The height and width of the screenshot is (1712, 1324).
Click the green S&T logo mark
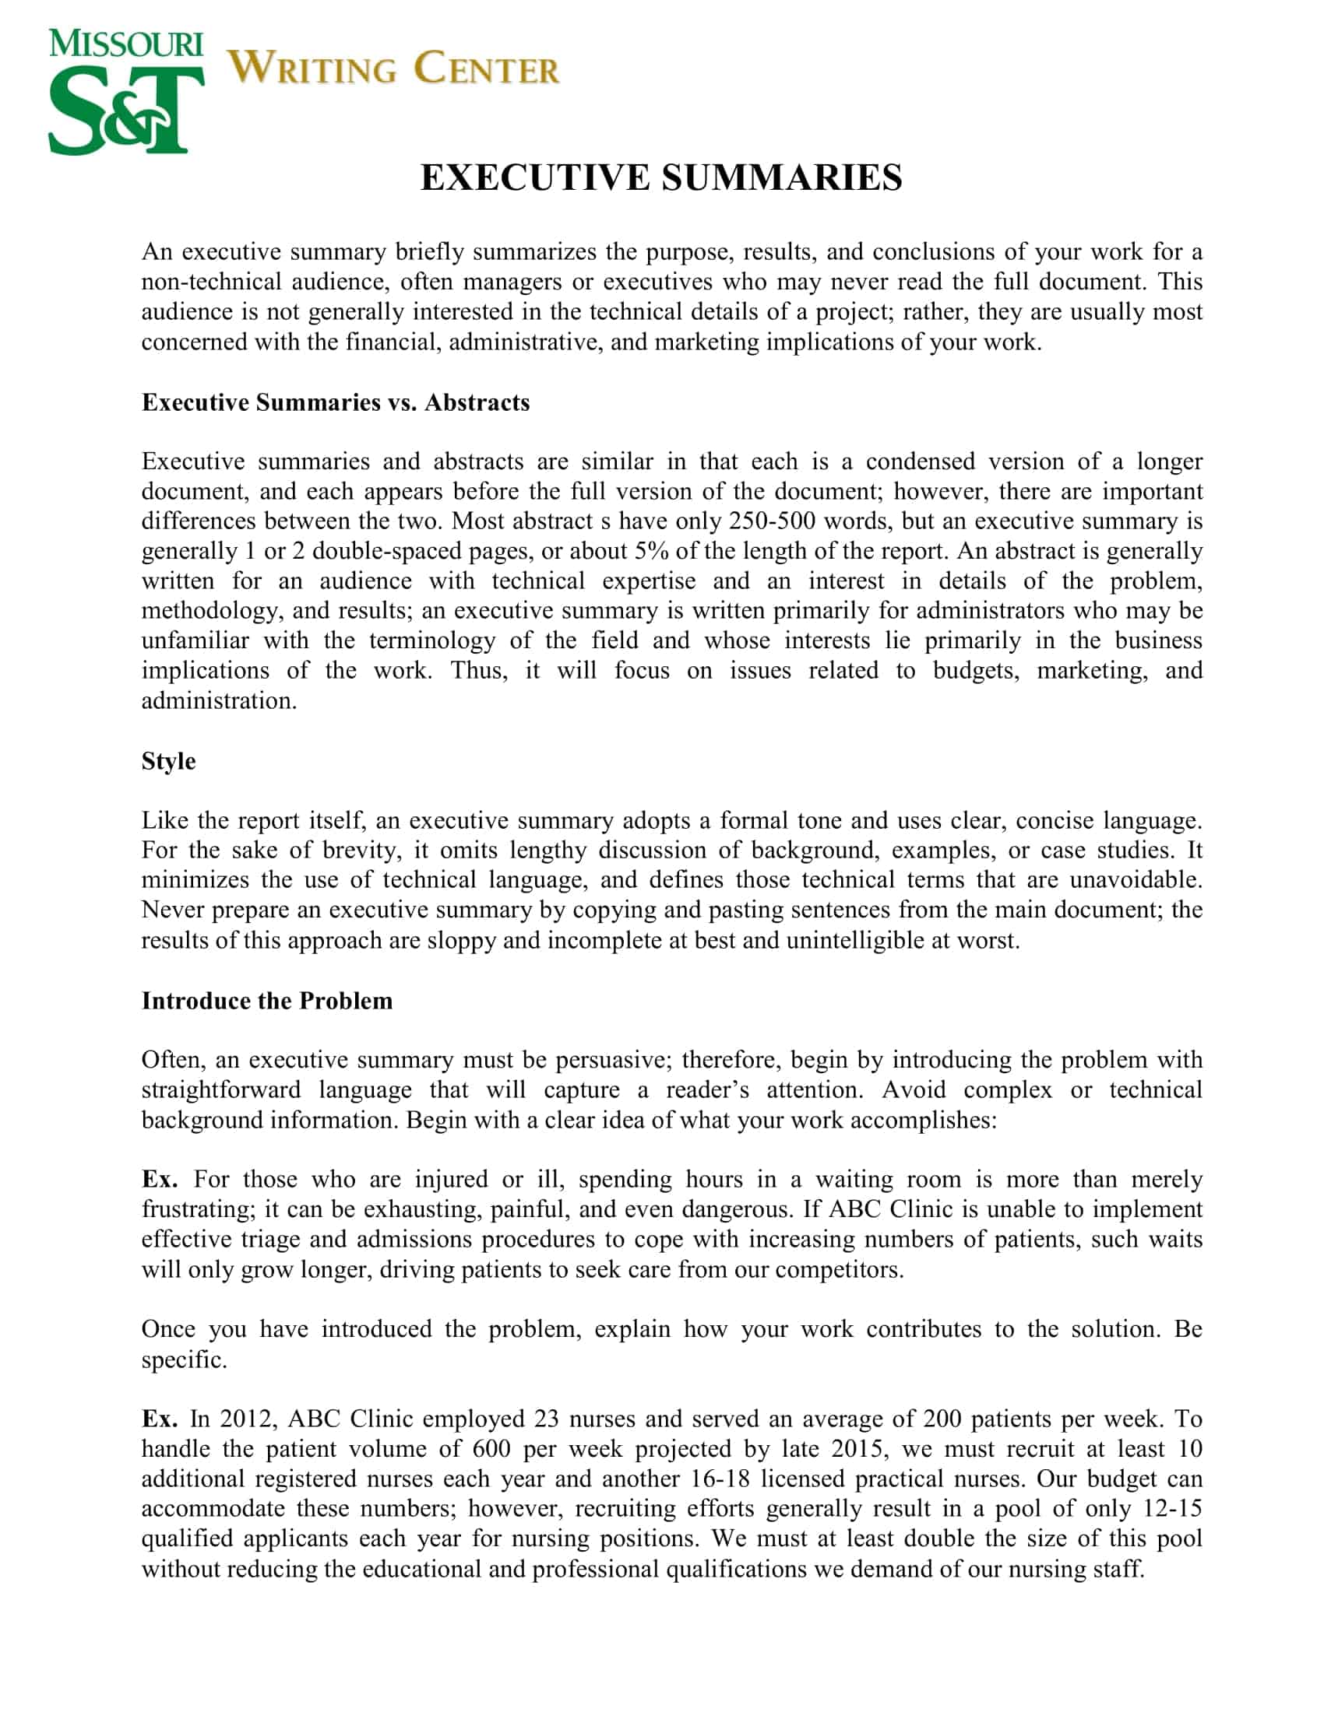click(125, 109)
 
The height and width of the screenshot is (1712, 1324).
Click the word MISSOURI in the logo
click(125, 44)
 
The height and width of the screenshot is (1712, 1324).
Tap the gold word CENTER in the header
click(486, 68)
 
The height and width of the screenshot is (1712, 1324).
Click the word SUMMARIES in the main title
click(781, 177)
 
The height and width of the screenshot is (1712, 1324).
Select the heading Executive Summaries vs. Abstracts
click(335, 402)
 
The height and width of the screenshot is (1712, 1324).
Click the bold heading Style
click(168, 761)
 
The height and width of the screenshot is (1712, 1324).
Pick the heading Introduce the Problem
click(266, 1001)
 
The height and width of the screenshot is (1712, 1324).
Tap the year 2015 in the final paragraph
click(857, 1449)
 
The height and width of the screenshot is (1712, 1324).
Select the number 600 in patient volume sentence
click(491, 1449)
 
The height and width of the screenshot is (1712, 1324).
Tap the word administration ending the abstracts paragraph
click(218, 701)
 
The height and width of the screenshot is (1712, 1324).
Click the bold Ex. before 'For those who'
click(159, 1180)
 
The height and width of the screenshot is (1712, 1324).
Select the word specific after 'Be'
click(183, 1359)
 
